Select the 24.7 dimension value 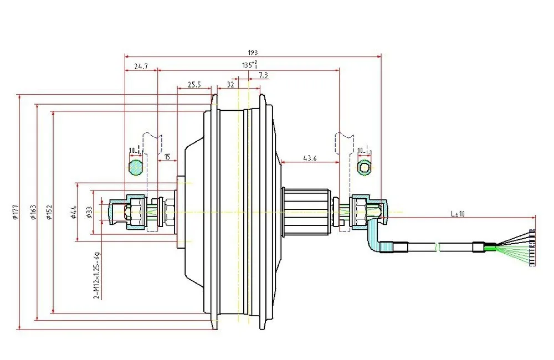[141, 66]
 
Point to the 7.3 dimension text [263, 75]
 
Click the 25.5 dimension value [193, 85]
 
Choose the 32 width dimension [229, 85]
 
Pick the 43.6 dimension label [310, 158]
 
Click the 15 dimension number [167, 157]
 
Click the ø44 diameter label [73, 212]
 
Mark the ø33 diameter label [89, 212]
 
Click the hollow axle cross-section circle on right [365, 167]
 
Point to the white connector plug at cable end [533, 248]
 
